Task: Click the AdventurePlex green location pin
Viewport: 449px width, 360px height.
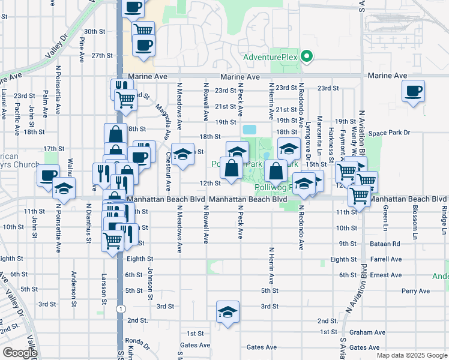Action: click(307, 57)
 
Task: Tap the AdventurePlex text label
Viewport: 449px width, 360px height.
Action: click(271, 58)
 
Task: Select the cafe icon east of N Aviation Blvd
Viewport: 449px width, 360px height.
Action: click(413, 91)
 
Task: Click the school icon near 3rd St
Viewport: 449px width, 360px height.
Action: click(228, 312)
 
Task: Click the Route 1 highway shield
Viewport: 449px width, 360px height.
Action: click(121, 308)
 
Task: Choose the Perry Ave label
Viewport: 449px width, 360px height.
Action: click(416, 291)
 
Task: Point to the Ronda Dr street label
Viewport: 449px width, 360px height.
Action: click(137, 340)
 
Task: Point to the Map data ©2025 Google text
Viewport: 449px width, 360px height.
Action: click(411, 355)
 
